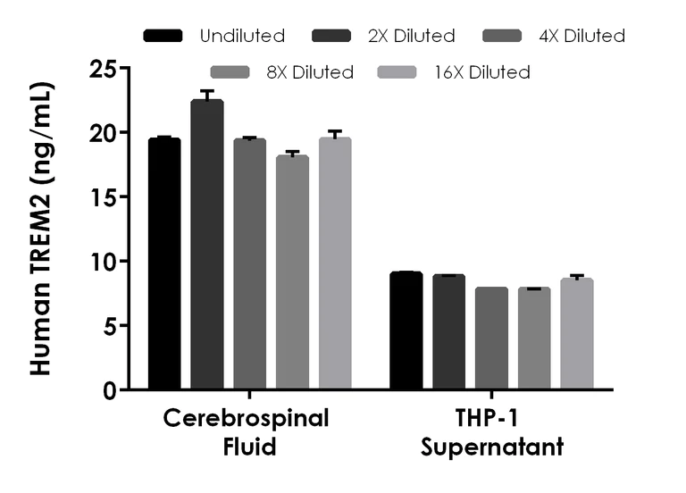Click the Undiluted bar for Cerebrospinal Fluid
point(164,264)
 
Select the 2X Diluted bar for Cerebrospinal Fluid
point(207,245)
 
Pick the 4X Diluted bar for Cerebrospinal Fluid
point(250,264)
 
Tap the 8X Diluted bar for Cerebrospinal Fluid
point(292,272)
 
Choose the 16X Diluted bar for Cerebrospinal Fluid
point(335,263)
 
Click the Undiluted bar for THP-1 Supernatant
point(406,330)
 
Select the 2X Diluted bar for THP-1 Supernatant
point(448,332)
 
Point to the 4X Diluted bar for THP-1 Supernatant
point(491,338)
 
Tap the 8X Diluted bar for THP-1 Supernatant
point(534,338)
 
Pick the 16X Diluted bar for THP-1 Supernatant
point(577,334)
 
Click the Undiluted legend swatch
point(163,37)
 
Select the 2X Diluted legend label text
point(412,37)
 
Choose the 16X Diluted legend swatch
point(399,72)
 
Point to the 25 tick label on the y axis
point(105,68)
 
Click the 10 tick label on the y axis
point(105,262)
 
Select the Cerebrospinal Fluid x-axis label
point(247,432)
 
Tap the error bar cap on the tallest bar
point(207,91)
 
